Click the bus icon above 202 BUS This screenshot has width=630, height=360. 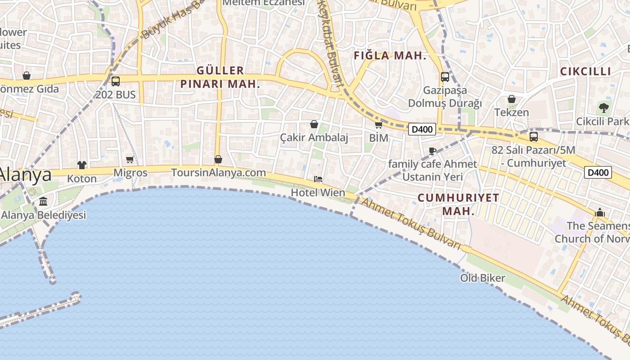[x=116, y=81]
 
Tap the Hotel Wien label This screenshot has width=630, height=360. [x=318, y=193]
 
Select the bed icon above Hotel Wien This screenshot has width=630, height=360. [x=318, y=179]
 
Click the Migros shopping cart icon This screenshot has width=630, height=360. [x=130, y=159]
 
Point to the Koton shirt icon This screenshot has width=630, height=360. [x=81, y=165]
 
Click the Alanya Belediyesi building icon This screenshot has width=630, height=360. [x=43, y=201]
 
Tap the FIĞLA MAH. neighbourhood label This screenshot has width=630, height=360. [x=390, y=56]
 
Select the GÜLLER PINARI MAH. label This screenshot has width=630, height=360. [x=220, y=77]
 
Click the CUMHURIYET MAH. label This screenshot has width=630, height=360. [x=458, y=204]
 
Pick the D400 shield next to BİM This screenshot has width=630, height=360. [x=422, y=130]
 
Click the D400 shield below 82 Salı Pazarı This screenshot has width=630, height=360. [x=598, y=172]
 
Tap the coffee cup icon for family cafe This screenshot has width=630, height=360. [x=432, y=151]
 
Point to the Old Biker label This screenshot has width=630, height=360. [x=482, y=278]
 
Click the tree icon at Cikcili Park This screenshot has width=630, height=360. [x=603, y=108]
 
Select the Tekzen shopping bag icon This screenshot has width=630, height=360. [x=512, y=99]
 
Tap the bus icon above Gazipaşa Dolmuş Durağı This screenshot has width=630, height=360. [x=445, y=77]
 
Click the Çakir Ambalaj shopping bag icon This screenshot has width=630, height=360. [x=314, y=124]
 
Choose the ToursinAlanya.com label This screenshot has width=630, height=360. [x=218, y=173]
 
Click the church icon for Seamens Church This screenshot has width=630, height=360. [x=600, y=212]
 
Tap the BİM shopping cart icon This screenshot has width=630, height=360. [x=378, y=125]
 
